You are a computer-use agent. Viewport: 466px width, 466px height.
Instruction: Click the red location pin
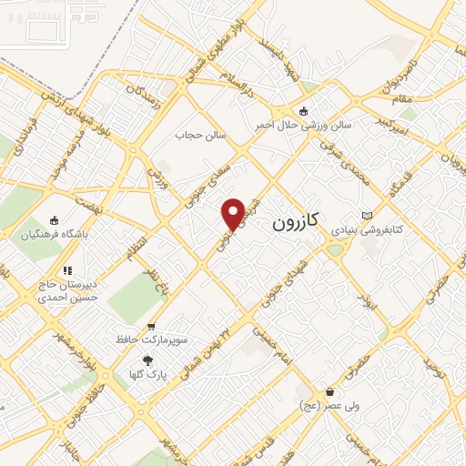click(x=234, y=213)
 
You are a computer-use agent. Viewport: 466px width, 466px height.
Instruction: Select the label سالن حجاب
click(x=200, y=136)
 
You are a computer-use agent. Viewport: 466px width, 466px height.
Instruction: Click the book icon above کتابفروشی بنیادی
click(x=367, y=215)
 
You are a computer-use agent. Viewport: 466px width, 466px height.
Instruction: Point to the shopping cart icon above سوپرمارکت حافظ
click(x=151, y=326)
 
